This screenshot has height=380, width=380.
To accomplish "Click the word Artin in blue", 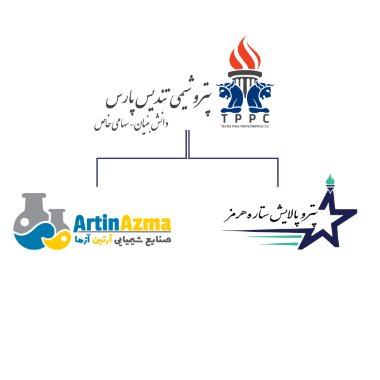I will (94, 224).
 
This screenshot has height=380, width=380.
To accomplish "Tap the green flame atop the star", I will (329, 180).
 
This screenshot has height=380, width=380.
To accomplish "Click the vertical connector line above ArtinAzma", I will (97, 172).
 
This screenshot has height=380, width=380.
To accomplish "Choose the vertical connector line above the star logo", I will (278, 172).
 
